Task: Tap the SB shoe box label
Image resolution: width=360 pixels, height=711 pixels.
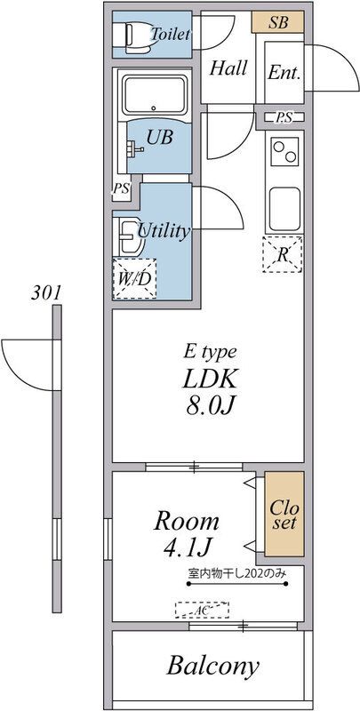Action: [x=278, y=22]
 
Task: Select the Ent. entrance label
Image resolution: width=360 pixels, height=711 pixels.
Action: [x=284, y=73]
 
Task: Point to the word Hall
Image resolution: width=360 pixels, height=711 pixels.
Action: [x=228, y=68]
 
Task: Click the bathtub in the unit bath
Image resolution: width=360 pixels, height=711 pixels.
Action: [x=154, y=94]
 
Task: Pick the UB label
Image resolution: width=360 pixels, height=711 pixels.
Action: [x=159, y=137]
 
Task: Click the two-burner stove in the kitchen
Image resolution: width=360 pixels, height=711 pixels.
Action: [x=284, y=151]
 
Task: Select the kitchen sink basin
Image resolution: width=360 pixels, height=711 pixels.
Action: [x=284, y=208]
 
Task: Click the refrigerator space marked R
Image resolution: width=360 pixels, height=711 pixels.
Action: [x=283, y=254]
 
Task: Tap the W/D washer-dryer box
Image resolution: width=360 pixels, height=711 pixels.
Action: [x=134, y=279]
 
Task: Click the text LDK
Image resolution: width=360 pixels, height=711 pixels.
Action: [x=210, y=381]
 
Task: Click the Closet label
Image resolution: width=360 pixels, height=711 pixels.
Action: [x=284, y=515]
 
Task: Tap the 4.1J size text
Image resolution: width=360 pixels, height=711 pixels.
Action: [x=187, y=549]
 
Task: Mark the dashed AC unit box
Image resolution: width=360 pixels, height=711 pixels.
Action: [x=202, y=610]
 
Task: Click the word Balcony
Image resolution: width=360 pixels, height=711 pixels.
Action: [x=212, y=666]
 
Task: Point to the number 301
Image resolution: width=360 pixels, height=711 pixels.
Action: [x=45, y=293]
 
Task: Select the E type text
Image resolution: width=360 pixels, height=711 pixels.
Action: [x=210, y=353]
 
